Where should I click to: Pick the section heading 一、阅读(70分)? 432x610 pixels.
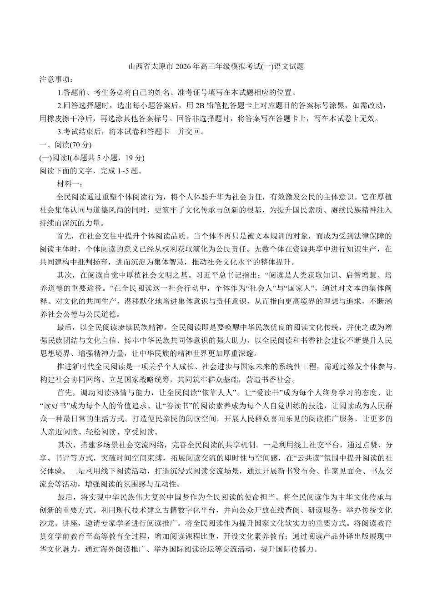[65, 145]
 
